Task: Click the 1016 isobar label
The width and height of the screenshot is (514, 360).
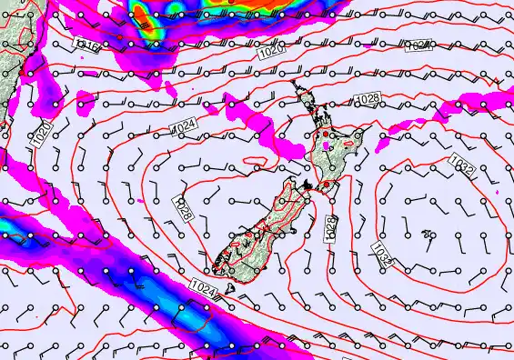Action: click(87, 46)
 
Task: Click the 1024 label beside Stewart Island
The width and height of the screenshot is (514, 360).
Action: click(205, 287)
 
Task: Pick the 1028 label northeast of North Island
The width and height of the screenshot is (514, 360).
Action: click(368, 98)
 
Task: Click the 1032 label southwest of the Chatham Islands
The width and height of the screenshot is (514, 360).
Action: click(382, 255)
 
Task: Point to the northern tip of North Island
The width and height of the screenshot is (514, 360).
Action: click(293, 84)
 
